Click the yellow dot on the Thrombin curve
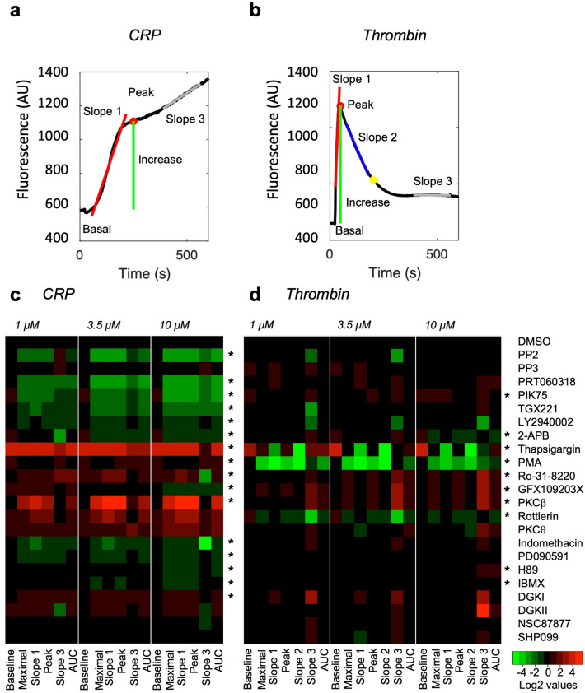click(x=373, y=179)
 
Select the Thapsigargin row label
click(x=545, y=449)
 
